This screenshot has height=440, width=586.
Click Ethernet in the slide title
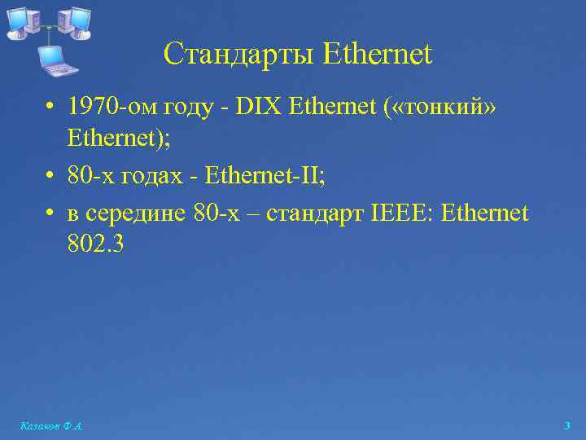(x=377, y=55)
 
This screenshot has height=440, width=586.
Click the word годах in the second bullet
(x=155, y=174)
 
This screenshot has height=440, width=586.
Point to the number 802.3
(x=95, y=245)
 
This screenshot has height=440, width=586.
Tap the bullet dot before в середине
(x=50, y=214)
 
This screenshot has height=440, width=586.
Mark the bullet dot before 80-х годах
(x=50, y=175)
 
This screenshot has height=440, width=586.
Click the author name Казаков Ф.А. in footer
(x=51, y=425)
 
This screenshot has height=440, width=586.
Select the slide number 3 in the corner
(x=567, y=425)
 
